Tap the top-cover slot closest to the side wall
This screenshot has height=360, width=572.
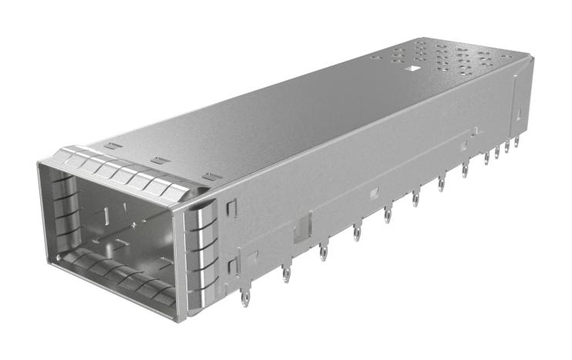[x=207, y=178]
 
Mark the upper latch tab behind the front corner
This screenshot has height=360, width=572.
[x=229, y=207]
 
